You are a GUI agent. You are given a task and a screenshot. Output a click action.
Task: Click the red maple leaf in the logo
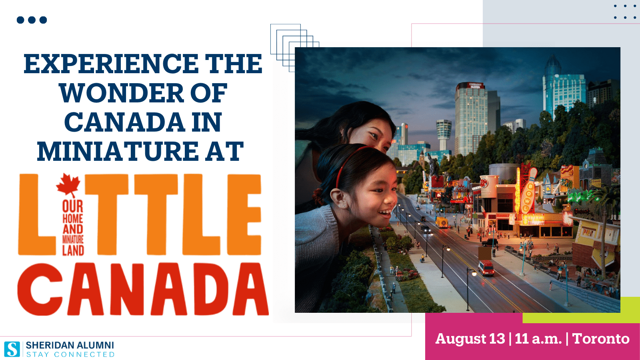click(x=68, y=185)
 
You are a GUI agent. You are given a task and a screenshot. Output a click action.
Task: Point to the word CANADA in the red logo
click(x=143, y=289)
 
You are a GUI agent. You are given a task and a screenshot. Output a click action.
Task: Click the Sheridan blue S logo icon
click(x=12, y=349)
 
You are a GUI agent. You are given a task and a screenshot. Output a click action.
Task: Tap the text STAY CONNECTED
click(x=70, y=354)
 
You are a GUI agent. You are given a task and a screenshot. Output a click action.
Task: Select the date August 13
click(x=470, y=339)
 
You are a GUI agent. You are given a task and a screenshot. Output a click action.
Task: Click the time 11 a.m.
click(x=538, y=339)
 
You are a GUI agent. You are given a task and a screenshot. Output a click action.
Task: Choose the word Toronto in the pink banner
click(x=601, y=339)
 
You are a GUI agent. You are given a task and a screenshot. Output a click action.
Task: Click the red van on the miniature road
click(x=486, y=268)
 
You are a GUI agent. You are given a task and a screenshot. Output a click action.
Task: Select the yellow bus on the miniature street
click(x=442, y=222)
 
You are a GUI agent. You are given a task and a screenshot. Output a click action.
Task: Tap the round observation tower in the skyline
click(x=444, y=134)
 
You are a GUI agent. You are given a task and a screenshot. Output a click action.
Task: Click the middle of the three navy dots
click(x=32, y=20)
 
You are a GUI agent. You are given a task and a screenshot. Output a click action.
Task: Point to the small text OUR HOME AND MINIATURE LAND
click(x=73, y=228)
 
